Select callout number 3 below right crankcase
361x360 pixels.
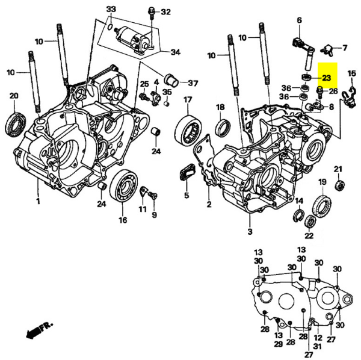point(249,231)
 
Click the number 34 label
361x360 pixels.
point(175,52)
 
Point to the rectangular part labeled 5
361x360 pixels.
point(185,175)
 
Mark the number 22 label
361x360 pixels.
point(309,234)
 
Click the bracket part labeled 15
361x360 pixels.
point(348,95)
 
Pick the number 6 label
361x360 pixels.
point(299,20)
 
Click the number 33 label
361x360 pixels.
point(110,10)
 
